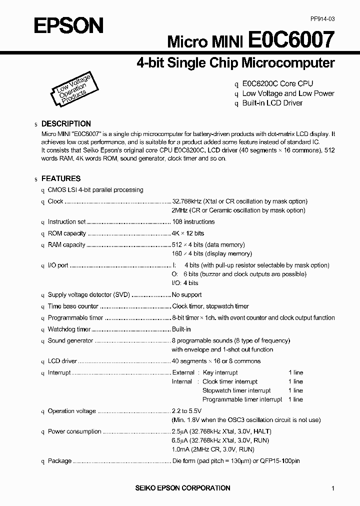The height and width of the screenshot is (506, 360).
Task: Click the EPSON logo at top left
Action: [68, 25]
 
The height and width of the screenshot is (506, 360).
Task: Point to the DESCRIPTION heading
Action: [66, 123]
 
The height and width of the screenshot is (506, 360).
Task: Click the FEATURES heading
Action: [60, 178]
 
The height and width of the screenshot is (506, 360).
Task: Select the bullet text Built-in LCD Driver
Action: [272, 103]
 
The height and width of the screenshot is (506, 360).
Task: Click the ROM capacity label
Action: [67, 233]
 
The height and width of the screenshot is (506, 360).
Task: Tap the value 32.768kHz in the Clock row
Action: [186, 201]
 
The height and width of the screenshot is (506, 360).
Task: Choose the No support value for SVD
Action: [187, 295]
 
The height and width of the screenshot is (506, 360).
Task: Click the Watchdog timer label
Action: [69, 329]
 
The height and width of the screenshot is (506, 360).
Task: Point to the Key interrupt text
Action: [220, 372]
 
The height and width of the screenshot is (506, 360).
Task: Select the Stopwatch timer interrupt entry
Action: [236, 390]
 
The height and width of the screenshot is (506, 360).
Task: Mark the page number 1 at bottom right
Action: [333, 488]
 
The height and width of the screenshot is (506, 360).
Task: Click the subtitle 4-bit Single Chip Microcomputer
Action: [235, 63]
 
